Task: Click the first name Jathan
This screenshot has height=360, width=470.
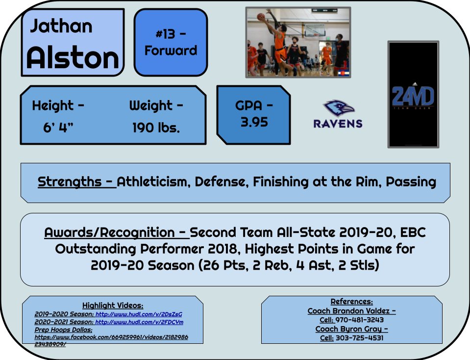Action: coord(61,26)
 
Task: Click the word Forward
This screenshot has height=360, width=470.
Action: coord(171,50)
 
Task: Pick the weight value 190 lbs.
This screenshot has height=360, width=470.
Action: coord(156,128)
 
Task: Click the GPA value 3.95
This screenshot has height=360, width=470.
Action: coord(254,122)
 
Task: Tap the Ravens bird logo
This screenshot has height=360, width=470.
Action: coord(338,108)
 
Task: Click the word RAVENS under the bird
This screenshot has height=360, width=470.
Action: coord(338,123)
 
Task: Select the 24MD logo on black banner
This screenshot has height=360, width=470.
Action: coord(413,96)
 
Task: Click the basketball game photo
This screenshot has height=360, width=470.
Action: coord(298,42)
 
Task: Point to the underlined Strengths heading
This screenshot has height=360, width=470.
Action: coord(76,182)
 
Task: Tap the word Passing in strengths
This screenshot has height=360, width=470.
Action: coord(411,182)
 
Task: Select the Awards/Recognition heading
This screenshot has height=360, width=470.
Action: coord(115,232)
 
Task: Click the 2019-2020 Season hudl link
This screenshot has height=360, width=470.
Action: coord(142,314)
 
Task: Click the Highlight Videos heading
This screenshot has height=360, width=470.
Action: coord(112,305)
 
